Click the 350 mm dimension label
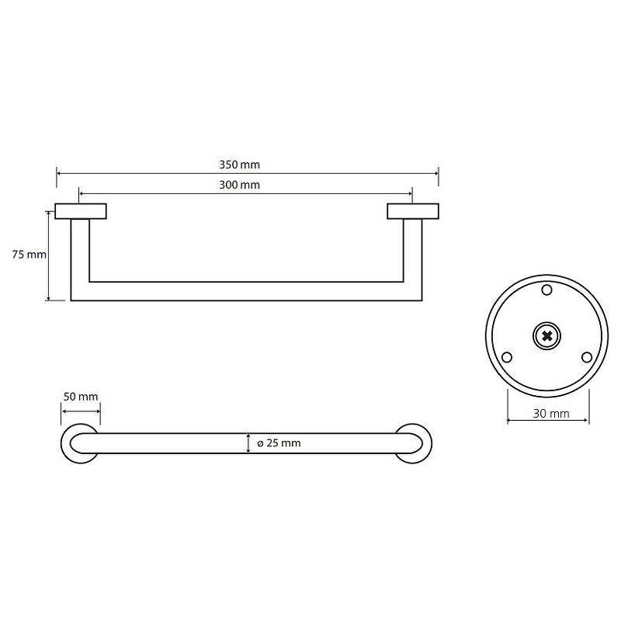(239, 165)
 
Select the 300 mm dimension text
(239, 185)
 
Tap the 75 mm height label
(29, 255)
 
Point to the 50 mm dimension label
(81, 397)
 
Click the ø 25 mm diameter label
(279, 442)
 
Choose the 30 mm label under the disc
(551, 414)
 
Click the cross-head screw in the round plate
(546, 336)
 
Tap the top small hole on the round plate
(546, 290)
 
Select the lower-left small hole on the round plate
(507, 357)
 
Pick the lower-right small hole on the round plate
(587, 357)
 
